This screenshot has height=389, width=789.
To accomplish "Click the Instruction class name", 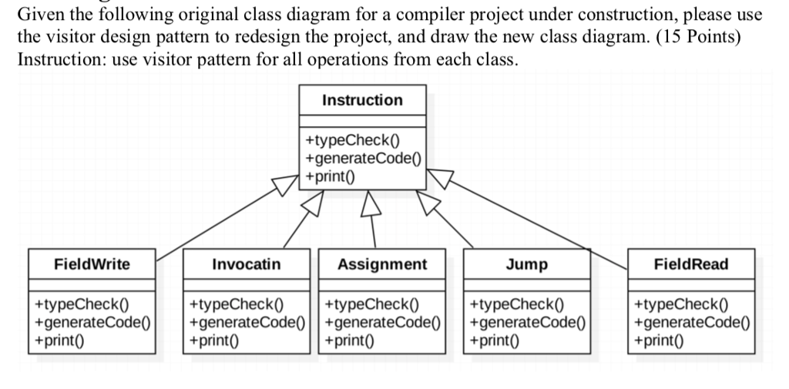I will coord(361,100).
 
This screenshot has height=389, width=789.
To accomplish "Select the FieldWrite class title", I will coord(92,264).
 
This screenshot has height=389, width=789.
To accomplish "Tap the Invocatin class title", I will coord(247,264).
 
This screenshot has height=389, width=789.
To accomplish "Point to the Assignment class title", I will coord(382,264).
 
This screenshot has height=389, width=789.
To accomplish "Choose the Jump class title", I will coord(527,264).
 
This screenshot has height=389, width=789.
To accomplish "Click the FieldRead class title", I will coord(691,264).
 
